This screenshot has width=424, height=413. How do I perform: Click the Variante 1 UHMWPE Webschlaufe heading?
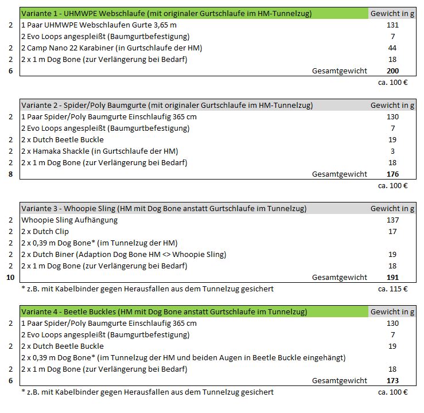coord(166,13)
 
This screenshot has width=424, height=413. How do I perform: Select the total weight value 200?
coord(392,71)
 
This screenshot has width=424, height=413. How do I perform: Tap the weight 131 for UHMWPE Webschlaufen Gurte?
coord(392,25)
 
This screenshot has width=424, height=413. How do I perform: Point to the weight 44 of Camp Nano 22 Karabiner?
coord(392,48)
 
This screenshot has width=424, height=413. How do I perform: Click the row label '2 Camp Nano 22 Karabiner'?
coord(111,48)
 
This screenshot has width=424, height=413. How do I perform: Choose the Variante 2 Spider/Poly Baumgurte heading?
coord(167,105)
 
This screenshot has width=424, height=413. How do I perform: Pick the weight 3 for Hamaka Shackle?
coord(392,151)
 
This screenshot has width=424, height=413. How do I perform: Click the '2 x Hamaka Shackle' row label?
coord(100,151)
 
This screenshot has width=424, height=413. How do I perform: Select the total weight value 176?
coord(392,174)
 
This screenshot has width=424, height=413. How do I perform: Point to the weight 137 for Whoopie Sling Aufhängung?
coord(392,220)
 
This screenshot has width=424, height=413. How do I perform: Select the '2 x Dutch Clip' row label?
coord(45,232)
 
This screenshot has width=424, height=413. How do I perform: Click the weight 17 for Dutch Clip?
coord(392,232)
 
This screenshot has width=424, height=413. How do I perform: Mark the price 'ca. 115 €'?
coord(392,289)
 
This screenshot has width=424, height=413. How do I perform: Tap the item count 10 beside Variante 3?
coord(10,277)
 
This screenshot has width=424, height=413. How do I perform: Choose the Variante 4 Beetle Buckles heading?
coord(164,311)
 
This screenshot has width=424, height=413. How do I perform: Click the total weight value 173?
coord(392,380)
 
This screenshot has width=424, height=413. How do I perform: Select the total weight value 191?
coord(392,277)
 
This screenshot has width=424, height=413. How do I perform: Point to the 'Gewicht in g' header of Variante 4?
coord(392,311)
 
